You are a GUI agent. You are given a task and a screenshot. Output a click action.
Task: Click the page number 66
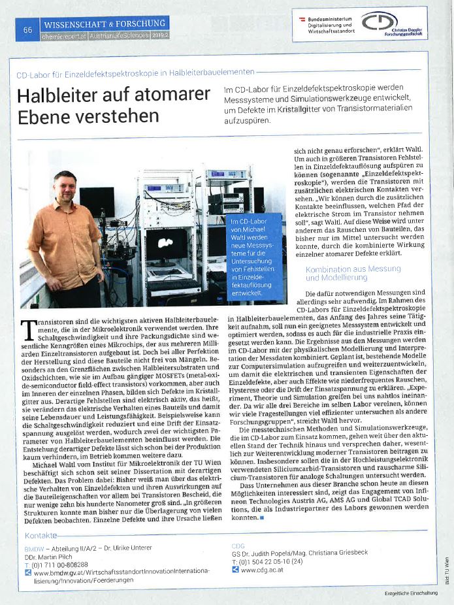(27, 30)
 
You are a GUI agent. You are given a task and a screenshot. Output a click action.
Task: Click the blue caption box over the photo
(255, 258)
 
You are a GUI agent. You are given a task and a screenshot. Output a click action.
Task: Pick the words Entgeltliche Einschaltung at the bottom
(411, 593)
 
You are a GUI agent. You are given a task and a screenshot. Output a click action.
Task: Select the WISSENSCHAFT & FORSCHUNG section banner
(105, 24)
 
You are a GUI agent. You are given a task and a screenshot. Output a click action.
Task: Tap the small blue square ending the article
(261, 517)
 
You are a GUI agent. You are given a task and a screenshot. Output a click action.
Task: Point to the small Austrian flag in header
(302, 20)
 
